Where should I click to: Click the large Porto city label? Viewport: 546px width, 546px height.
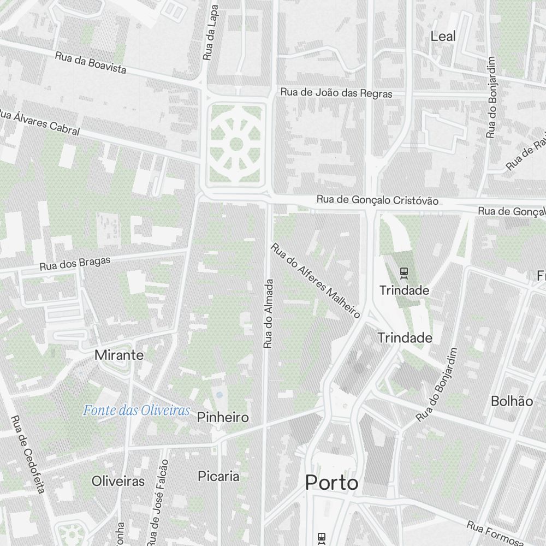click(x=332, y=483)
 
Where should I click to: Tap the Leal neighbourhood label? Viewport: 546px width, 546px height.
click(x=443, y=37)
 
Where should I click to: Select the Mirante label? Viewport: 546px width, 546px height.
click(x=119, y=355)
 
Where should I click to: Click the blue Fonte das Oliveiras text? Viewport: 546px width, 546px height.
click(x=136, y=411)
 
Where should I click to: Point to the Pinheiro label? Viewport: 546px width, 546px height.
click(x=223, y=418)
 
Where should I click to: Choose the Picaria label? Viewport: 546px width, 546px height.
click(x=218, y=476)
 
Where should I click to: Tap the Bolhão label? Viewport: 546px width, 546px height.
click(x=512, y=401)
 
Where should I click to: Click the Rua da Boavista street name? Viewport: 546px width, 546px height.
click(x=91, y=62)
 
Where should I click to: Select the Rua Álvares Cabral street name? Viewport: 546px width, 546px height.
click(x=39, y=123)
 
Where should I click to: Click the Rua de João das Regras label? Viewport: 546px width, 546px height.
click(x=336, y=93)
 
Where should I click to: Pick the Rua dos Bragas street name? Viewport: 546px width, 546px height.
click(x=75, y=264)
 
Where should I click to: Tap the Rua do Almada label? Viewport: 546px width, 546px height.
click(x=268, y=314)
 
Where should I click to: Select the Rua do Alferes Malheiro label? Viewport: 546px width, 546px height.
click(x=316, y=281)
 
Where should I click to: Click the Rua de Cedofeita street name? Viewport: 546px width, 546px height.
click(x=27, y=454)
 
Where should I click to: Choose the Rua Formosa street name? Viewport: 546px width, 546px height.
click(x=495, y=533)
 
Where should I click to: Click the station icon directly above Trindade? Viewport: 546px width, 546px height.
click(x=404, y=271)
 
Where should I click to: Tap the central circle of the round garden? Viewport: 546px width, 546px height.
click(x=236, y=144)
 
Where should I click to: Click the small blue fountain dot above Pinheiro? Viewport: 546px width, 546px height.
click(x=219, y=394)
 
